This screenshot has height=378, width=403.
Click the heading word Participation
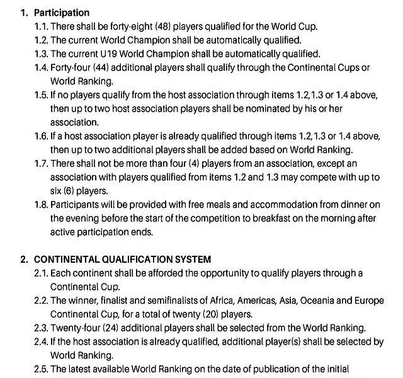(x=62, y=13)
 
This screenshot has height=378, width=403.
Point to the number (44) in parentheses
(x=112, y=68)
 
